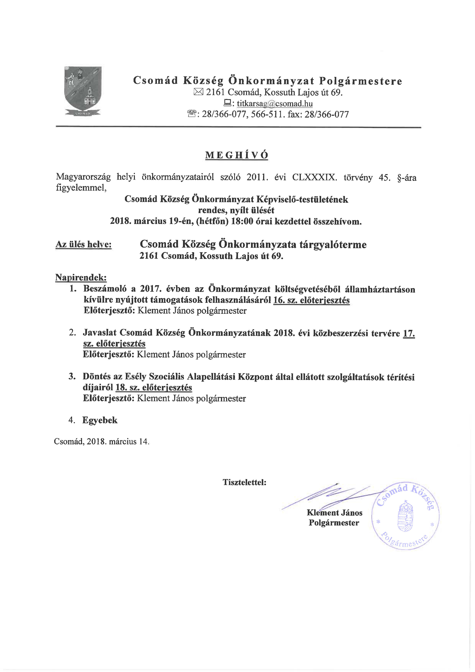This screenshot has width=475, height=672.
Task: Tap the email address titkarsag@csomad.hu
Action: coord(275,103)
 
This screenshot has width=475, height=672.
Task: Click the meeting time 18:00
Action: coord(242,221)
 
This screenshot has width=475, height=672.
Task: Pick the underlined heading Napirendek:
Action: coord(81,277)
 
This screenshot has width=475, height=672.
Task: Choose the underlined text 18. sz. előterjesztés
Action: coord(154,388)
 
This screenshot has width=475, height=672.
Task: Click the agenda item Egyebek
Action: coord(100,420)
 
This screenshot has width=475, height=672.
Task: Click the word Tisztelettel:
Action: coord(244,482)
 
